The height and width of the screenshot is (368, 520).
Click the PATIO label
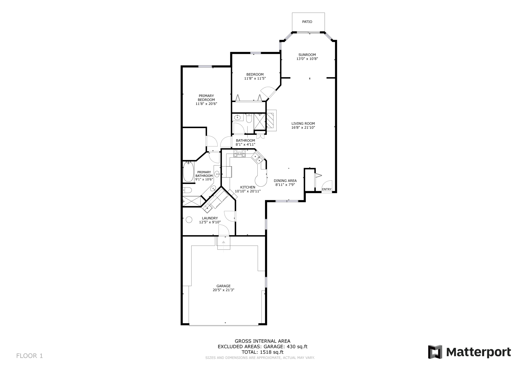coord(307,22)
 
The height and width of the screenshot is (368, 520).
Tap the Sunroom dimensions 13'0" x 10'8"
coord(307,59)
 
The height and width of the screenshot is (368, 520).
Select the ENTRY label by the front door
coord(327,189)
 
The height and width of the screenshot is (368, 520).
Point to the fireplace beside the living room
coord(271,120)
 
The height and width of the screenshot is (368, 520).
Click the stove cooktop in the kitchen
coord(239,154)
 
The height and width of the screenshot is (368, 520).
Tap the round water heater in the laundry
coord(189,220)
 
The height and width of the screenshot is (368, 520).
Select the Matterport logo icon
coord(435,352)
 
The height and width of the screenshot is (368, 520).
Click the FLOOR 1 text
coord(29,356)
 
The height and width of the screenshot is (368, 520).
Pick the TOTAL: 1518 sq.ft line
coord(262,352)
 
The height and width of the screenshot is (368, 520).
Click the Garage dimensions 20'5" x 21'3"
coord(223,290)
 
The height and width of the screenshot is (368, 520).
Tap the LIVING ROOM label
coord(303,124)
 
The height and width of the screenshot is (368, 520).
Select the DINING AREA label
coord(285,181)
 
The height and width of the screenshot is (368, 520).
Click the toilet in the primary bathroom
coord(187,190)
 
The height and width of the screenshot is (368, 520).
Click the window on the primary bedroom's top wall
coord(205,67)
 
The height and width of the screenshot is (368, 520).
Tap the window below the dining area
coord(287,201)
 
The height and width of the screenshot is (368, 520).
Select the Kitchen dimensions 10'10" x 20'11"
coord(248,191)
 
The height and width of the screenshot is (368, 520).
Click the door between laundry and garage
coord(224,231)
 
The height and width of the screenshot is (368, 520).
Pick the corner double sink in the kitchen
coord(257,158)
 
